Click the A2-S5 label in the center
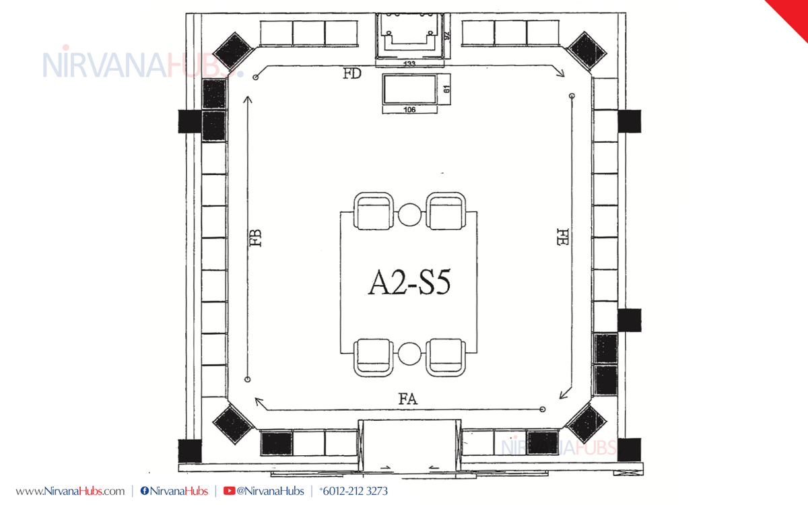click(x=409, y=282)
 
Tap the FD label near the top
click(x=352, y=73)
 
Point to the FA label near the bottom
click(x=408, y=399)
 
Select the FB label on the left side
click(x=255, y=238)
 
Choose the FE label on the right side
click(x=563, y=237)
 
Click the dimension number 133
click(x=409, y=64)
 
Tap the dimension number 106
click(x=409, y=110)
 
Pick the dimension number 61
click(x=446, y=89)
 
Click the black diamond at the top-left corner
click(x=234, y=51)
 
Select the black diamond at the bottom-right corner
click(x=586, y=423)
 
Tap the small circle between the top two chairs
click(x=409, y=215)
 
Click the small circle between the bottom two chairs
click(x=409, y=353)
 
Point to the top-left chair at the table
click(x=373, y=211)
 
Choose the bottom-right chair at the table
click(x=446, y=358)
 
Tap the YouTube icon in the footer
click(x=229, y=491)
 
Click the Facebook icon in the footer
click(x=145, y=491)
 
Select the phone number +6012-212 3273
click(x=353, y=491)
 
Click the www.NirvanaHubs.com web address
click(x=70, y=492)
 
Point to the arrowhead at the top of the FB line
click(x=248, y=99)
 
